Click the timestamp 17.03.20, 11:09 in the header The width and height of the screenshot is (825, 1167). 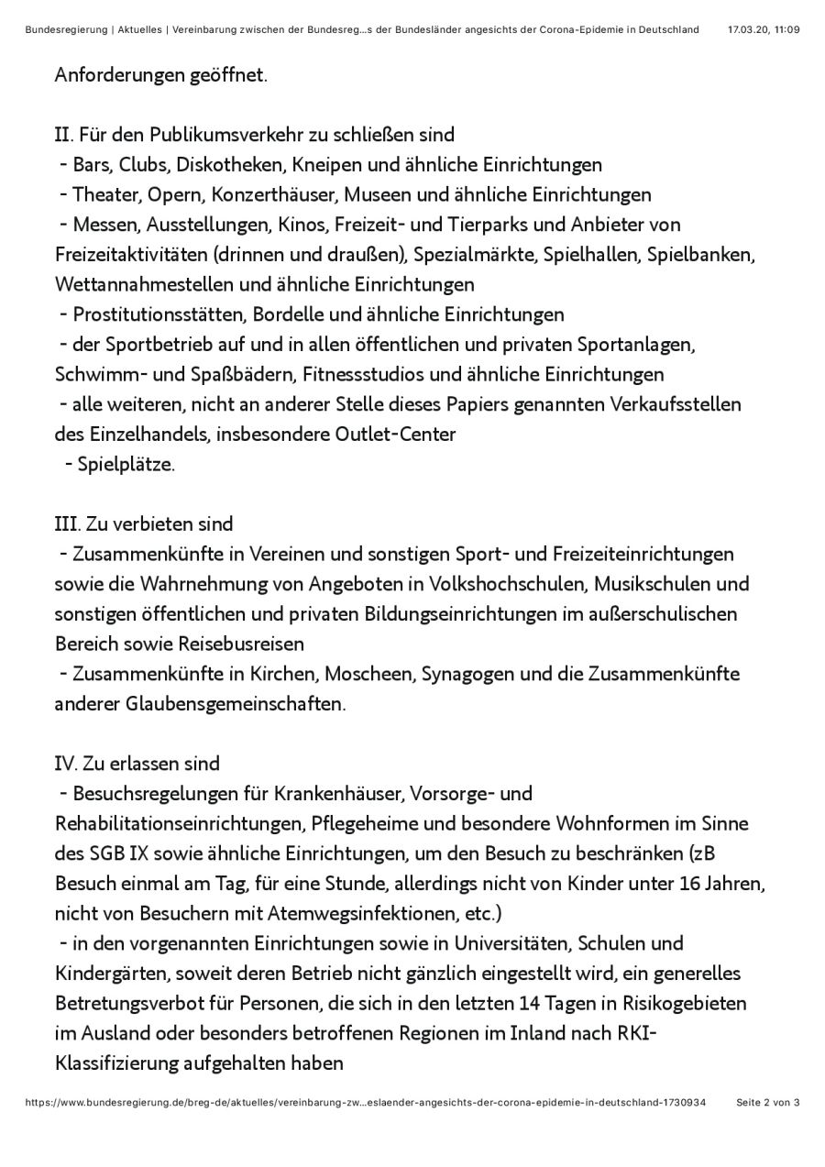coord(763,29)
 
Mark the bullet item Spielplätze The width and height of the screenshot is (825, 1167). coord(126,464)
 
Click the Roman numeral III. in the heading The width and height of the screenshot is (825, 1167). coord(67,524)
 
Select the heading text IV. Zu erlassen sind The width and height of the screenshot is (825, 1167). coord(137,764)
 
